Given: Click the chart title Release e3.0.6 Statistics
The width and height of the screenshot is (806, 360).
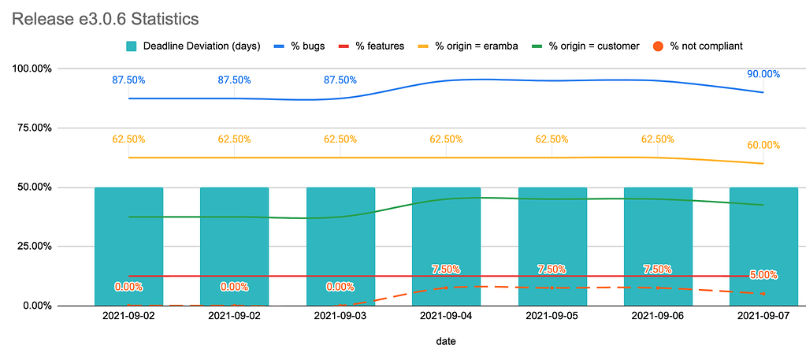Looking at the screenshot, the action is (x=105, y=20).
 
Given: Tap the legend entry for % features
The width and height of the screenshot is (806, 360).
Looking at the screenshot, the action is (x=372, y=46).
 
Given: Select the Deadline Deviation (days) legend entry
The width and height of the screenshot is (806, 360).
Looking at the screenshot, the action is (x=193, y=46).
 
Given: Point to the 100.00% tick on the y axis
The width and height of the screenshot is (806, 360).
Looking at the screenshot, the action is (x=32, y=69).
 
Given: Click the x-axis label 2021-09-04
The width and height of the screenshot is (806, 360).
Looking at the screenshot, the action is (x=446, y=315).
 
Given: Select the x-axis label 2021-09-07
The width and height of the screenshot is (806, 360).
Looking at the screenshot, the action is (x=763, y=315).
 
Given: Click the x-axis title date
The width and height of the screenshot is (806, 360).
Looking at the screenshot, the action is (x=446, y=341).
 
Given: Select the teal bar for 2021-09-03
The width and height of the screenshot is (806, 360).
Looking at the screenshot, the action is (x=340, y=247).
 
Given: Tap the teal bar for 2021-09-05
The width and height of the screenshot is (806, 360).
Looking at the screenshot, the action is (x=552, y=247).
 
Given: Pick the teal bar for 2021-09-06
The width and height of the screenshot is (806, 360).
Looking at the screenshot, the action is (x=658, y=247).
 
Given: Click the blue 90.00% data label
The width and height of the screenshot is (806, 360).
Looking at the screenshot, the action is (x=763, y=74).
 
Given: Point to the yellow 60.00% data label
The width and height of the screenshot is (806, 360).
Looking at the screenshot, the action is (x=763, y=145).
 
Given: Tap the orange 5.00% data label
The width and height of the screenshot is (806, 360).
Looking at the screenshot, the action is (x=763, y=275).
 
